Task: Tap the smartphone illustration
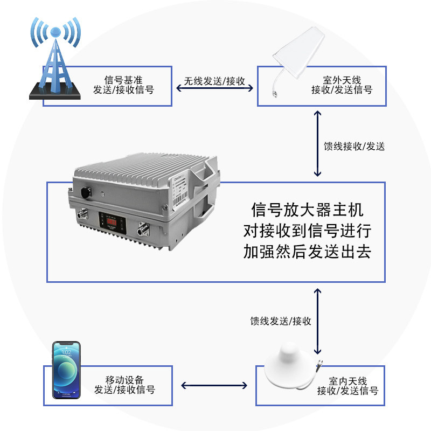point(66,370)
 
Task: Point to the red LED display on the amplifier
point(112,221)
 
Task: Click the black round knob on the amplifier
point(86,192)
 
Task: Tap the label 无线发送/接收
point(214,81)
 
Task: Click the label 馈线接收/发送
point(354,146)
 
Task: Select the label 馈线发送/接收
point(281,321)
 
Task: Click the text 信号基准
point(123,80)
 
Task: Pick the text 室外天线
point(342,80)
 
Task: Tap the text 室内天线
point(348,381)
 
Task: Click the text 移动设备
point(124,380)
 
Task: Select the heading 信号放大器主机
point(307,210)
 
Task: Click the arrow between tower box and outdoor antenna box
point(214,88)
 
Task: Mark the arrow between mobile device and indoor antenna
point(214,385)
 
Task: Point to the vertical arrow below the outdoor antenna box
point(317,143)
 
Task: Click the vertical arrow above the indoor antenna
point(317,321)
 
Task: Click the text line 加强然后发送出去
point(307,251)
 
